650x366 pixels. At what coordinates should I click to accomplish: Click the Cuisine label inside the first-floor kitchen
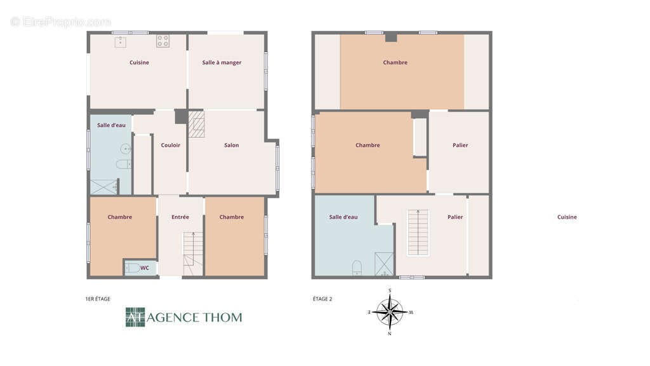139,63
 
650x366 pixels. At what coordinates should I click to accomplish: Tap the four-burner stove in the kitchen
162,41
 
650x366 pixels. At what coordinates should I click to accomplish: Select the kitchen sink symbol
121,42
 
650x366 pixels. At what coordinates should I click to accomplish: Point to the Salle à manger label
222,63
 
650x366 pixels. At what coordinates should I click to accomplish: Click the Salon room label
231,146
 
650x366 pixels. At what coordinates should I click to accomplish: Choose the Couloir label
170,146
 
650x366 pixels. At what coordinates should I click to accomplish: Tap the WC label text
144,268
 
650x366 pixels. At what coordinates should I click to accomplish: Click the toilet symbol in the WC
133,268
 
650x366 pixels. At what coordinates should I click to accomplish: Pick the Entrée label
180,217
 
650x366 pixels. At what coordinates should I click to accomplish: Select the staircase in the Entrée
193,254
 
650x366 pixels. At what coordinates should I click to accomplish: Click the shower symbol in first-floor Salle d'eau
104,187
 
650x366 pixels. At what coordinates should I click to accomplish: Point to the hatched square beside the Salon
197,124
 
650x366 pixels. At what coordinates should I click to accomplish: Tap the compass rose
390,312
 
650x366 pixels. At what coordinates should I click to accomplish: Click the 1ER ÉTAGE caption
98,299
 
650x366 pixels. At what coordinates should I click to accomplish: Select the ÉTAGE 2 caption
322,299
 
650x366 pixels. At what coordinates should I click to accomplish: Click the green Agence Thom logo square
135,317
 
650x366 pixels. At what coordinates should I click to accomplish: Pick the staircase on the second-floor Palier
418,233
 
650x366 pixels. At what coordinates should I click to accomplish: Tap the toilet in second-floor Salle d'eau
357,268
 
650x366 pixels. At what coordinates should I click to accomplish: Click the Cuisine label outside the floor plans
567,217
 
